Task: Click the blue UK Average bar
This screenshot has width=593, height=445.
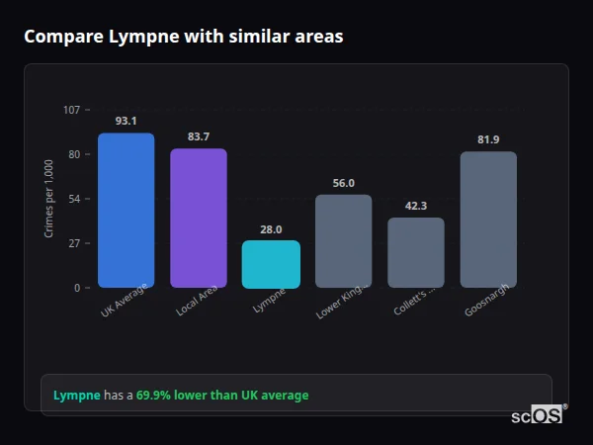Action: pos(126,211)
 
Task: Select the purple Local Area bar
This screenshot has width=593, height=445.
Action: pos(198,219)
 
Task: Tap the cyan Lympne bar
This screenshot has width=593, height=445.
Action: pos(271,264)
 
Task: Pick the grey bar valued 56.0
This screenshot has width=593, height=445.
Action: pos(343,241)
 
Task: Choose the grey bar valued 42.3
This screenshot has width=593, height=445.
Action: pos(415,252)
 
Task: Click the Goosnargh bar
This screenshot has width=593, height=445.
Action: pos(488,220)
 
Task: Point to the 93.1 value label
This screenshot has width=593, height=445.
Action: pos(126,121)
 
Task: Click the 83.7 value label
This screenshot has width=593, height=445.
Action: pos(198,136)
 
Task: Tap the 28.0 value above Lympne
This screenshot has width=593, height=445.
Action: pos(271,228)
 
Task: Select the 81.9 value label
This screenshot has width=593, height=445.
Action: pos(488,139)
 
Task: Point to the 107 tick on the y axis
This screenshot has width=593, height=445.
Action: pos(71,110)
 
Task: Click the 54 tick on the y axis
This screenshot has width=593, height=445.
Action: pos(74,199)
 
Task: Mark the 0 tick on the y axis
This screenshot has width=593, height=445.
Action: pos(77,288)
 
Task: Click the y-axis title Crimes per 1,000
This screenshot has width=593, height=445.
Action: pos(49,199)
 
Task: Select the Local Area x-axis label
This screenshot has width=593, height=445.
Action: pos(196,303)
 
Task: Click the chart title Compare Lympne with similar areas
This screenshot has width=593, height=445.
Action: pos(183,37)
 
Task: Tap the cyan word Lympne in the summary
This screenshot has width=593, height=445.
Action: pos(76,396)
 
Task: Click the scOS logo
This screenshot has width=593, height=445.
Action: pos(538,415)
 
